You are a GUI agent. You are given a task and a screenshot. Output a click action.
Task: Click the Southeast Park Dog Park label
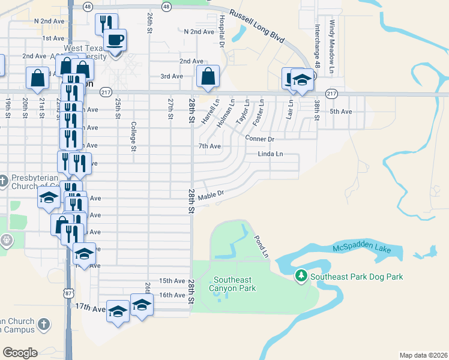coord(357,277)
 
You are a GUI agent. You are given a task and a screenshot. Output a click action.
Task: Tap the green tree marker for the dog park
coord(301,276)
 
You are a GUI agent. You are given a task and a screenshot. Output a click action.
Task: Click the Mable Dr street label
coord(211,194)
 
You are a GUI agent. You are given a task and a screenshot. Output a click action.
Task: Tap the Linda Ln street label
coord(270,154)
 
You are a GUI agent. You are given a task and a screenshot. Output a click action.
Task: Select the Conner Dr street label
coord(260,139)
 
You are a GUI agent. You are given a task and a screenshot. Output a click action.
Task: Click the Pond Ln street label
coord(261,247)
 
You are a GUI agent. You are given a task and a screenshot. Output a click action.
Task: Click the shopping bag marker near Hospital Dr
coord(208,77)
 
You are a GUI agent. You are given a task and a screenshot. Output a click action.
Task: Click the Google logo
coord(20,353)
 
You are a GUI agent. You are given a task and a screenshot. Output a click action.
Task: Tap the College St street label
coord(134,137)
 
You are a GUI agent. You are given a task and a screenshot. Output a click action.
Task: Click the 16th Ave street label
coord(172,295)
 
